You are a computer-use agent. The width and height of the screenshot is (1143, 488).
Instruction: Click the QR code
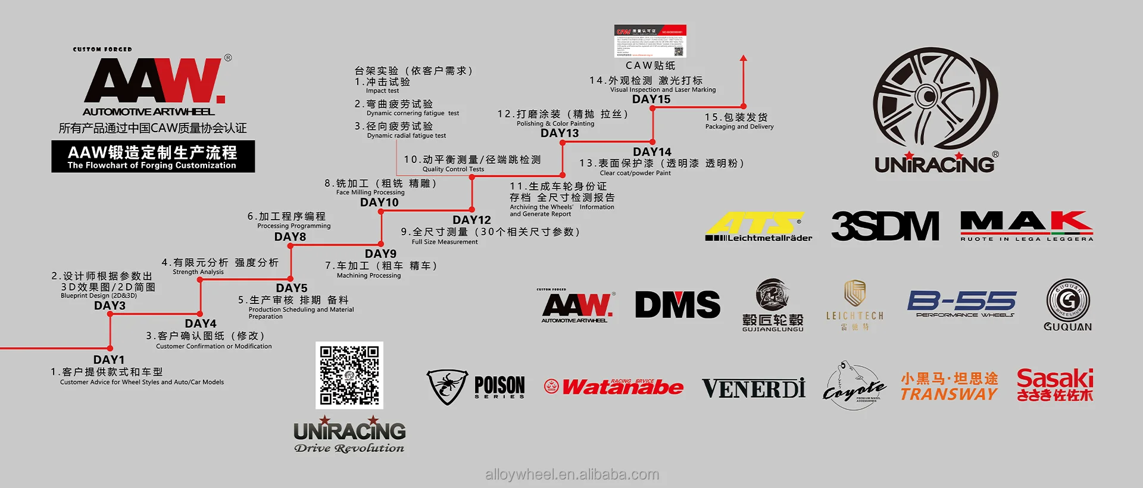coord(349,375)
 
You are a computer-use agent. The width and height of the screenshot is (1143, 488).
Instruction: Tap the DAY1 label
coord(109,359)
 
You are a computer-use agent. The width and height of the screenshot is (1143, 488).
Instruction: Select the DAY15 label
coord(651,99)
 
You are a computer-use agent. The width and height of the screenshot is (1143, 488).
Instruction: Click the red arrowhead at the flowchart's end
coord(743,58)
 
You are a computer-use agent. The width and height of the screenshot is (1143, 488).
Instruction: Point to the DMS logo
coord(677,305)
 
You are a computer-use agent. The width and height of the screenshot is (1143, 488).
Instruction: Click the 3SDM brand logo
coord(885,226)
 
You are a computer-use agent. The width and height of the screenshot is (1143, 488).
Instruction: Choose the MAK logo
coord(1026,225)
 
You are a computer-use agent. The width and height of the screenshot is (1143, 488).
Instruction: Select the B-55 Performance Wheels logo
coord(961,304)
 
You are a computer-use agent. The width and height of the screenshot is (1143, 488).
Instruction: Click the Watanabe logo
coord(614,387)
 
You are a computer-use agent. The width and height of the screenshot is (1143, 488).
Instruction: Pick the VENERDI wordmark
coord(753,389)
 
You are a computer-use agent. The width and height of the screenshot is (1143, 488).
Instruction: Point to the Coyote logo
coord(854,385)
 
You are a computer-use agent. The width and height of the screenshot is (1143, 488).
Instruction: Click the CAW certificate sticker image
coord(650,41)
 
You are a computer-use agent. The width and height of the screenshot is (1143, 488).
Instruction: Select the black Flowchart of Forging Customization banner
coord(153,157)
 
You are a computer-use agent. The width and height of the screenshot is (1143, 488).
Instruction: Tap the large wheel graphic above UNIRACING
coord(935,98)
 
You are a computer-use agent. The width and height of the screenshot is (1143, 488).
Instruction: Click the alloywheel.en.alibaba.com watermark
coord(572,474)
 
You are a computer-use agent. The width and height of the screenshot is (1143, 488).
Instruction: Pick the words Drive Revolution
coord(349,448)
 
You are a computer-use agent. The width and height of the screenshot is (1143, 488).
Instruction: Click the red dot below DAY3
coord(110,314)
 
